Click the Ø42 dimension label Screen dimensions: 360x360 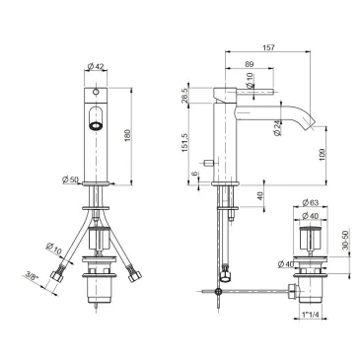click(x=96, y=66)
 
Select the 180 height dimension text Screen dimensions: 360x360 click(x=128, y=135)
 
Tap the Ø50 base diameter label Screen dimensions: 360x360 click(x=70, y=180)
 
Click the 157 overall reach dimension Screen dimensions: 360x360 click(x=268, y=47)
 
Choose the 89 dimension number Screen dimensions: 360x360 click(x=250, y=65)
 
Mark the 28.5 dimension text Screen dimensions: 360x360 click(x=184, y=96)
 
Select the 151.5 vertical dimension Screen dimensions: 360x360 click(x=184, y=142)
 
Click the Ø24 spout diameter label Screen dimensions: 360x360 click(x=277, y=128)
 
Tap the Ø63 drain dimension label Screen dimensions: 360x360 click(x=310, y=202)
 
